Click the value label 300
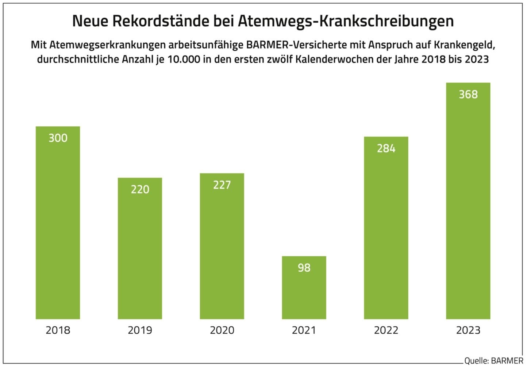point(58,138)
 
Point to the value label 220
point(140,189)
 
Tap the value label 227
point(222,185)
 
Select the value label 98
point(304,268)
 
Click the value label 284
point(386,149)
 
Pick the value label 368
point(468,95)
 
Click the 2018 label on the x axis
point(58,330)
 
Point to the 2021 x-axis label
point(304,330)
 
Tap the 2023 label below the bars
point(468,330)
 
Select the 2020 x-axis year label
point(222,330)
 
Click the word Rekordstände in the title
point(161,21)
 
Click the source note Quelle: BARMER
point(493,361)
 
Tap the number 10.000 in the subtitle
point(184,59)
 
